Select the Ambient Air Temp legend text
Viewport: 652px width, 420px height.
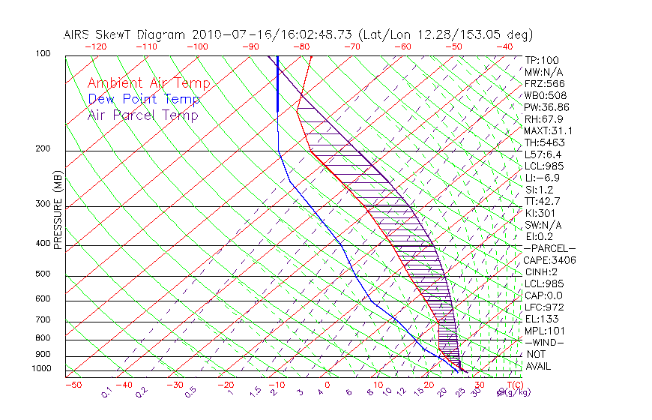click(148, 84)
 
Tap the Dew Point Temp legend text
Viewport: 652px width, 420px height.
click(144, 100)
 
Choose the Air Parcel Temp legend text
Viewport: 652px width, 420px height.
click(142, 115)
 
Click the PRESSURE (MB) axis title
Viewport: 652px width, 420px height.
click(58, 214)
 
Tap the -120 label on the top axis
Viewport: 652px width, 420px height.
click(95, 46)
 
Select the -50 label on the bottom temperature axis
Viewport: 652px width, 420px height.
click(73, 385)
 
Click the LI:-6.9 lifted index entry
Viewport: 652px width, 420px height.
click(542, 178)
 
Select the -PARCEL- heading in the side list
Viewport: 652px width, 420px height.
click(549, 248)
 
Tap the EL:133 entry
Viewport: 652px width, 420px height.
click(539, 319)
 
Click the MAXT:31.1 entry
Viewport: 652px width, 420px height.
click(543, 130)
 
